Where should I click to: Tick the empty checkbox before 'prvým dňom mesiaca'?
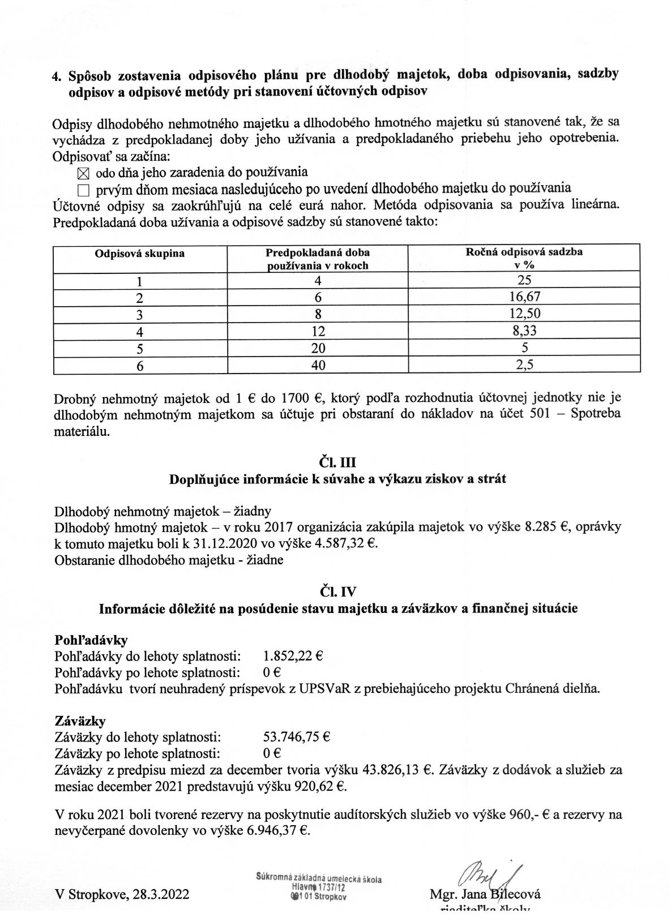pos(83,190)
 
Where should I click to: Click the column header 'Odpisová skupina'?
pos(140,254)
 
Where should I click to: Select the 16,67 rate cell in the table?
pos(524,296)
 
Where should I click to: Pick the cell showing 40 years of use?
pos(318,366)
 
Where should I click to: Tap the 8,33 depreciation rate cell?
pos(524,331)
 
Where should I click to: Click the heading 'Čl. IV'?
pos(337,592)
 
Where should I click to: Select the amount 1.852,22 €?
pos(293,657)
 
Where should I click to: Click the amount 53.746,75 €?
pos(297,737)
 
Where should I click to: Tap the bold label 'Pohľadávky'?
pos(91,640)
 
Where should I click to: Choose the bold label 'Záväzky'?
pos(80,722)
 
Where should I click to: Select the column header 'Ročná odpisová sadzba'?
pos(524,252)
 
